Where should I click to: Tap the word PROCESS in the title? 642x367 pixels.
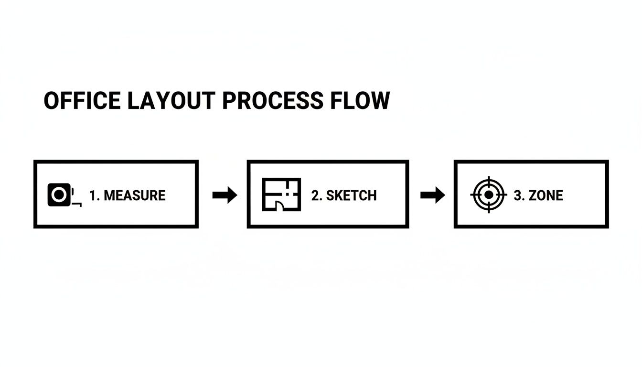(x=272, y=101)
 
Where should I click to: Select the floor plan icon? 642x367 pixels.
(x=282, y=194)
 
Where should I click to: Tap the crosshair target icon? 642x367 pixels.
(x=488, y=195)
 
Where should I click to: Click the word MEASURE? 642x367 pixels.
(x=134, y=195)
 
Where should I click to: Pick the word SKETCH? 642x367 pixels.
(x=351, y=195)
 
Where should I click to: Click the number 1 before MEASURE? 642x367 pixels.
(x=93, y=195)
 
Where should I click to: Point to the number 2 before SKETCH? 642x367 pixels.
(x=316, y=195)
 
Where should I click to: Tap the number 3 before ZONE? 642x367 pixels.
(x=518, y=195)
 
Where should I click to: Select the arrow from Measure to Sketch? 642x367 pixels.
(x=225, y=195)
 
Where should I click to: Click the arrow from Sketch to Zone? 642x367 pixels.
(x=432, y=195)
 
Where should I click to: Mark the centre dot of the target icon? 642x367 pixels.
(x=488, y=195)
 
